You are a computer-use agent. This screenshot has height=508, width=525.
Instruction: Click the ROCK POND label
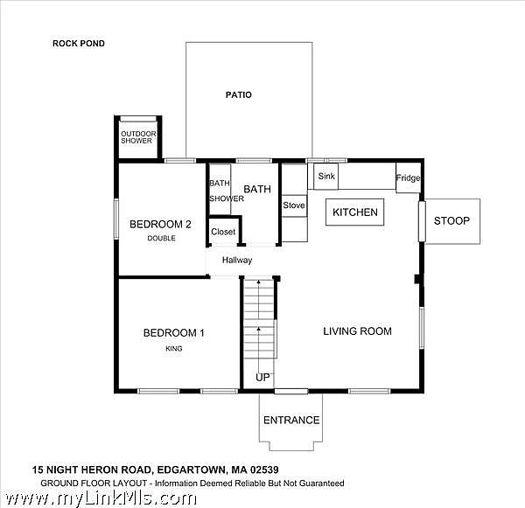(x=79, y=44)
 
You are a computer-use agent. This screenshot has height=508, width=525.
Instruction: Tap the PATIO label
(x=238, y=95)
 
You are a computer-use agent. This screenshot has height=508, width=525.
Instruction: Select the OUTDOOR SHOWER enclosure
(x=138, y=137)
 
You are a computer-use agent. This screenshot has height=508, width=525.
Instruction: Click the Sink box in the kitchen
(x=325, y=177)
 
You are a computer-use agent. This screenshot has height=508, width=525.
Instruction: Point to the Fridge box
(x=408, y=177)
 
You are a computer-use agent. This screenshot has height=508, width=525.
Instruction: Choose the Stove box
(x=294, y=205)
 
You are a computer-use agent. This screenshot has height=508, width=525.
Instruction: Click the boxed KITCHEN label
(x=355, y=212)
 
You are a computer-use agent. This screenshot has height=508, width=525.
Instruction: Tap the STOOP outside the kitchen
(x=452, y=221)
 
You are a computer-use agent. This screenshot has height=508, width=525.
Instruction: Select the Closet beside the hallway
(x=224, y=231)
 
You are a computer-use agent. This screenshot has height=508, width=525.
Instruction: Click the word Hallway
(x=237, y=260)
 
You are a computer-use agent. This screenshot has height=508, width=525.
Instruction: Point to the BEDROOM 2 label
(x=160, y=224)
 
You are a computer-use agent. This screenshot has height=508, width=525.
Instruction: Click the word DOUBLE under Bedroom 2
(x=161, y=239)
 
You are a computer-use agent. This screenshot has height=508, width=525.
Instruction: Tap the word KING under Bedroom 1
(x=174, y=349)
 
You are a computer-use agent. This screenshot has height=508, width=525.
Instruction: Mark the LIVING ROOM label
(x=357, y=331)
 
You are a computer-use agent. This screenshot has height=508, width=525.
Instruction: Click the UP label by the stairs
(x=262, y=378)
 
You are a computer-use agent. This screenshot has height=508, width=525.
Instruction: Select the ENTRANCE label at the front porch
(x=291, y=421)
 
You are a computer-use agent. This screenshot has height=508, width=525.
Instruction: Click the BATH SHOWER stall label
(x=227, y=191)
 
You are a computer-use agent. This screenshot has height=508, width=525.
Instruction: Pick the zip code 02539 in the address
(x=264, y=470)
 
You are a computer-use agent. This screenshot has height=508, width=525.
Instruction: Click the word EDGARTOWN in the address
(x=192, y=470)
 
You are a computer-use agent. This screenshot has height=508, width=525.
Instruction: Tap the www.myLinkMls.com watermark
(x=101, y=499)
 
